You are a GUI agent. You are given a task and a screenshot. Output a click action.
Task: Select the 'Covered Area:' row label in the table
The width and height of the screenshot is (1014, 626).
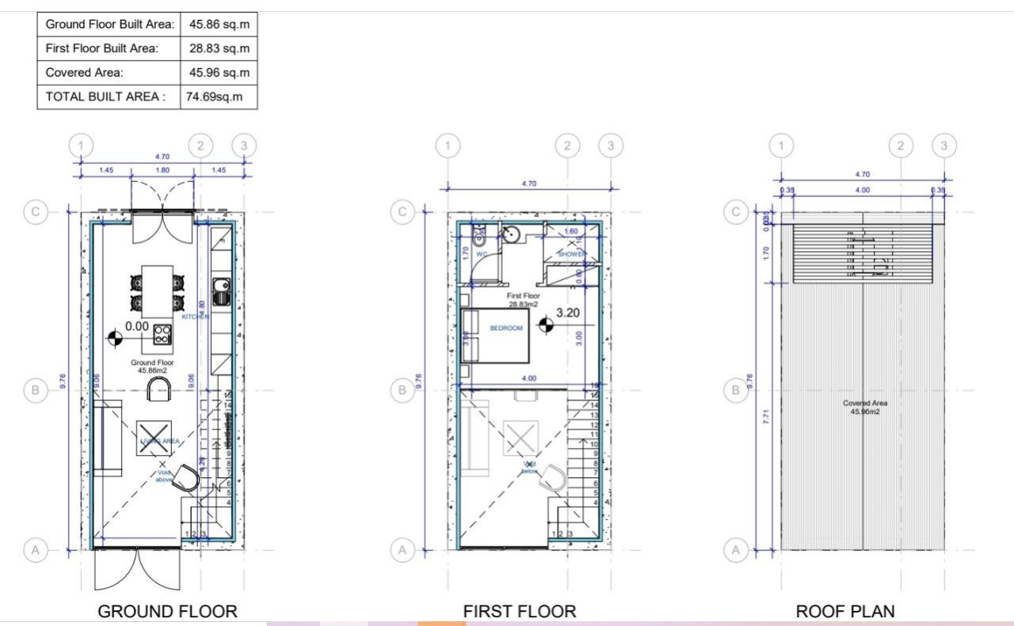click(x=85, y=72)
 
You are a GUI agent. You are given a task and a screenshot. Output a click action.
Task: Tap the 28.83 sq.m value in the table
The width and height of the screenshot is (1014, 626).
click(x=219, y=48)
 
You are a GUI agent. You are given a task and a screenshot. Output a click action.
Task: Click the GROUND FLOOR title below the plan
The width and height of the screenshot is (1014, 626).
click(x=167, y=611)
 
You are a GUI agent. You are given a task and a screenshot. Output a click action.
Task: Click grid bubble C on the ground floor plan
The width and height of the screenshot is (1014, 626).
click(x=35, y=212)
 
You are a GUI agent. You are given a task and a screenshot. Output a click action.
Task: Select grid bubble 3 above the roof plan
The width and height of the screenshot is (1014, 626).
click(x=943, y=146)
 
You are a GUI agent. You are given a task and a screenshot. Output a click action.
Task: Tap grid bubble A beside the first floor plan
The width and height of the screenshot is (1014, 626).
click(x=402, y=548)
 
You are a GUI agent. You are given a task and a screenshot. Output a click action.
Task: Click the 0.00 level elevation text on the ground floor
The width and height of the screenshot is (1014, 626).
click(x=136, y=325)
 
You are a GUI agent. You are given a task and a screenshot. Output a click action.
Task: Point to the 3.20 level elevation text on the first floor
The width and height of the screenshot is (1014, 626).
click(x=568, y=313)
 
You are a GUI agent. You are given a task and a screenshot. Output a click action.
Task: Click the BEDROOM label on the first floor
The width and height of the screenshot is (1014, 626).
click(x=505, y=328)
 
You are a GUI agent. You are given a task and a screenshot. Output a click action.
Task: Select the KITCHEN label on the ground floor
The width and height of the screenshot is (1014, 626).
click(x=195, y=317)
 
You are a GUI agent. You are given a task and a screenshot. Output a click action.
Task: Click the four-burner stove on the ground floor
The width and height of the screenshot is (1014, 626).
click(x=162, y=334)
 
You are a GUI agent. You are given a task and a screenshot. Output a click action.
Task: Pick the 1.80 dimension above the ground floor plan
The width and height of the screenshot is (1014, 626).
click(x=162, y=170)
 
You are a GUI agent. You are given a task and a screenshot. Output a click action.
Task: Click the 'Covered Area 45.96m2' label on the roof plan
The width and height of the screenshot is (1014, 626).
click(x=864, y=408)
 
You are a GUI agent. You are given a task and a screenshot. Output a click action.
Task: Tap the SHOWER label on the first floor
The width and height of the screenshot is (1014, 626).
click(x=571, y=254)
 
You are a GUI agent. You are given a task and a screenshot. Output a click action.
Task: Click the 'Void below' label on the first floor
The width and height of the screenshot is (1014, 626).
click(x=529, y=468)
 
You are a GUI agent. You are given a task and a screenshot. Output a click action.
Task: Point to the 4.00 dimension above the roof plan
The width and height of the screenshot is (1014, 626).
click(x=862, y=190)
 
